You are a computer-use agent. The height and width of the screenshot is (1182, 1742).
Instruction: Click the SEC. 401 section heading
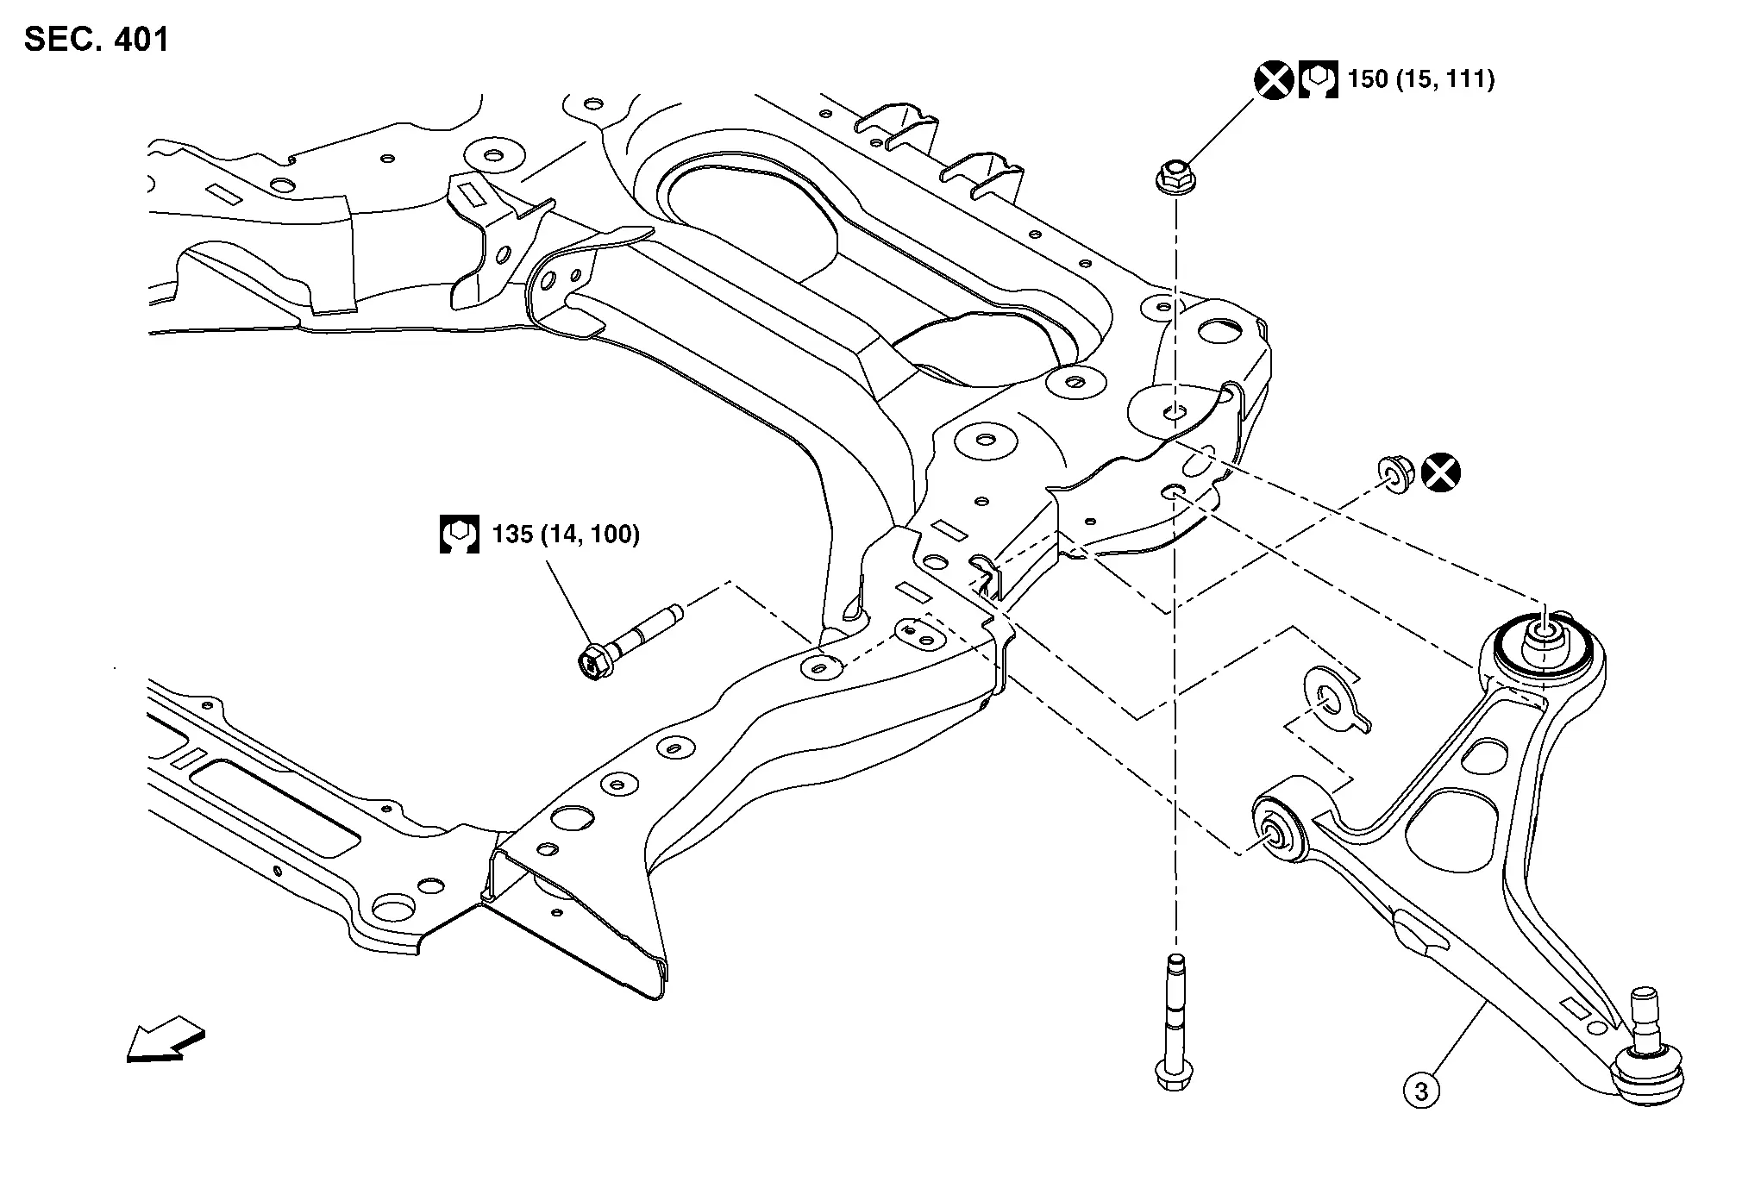pos(97,40)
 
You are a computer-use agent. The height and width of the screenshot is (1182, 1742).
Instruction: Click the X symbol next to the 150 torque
pos(1273,80)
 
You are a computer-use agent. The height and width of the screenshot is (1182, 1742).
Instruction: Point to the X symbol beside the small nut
pos(1440,472)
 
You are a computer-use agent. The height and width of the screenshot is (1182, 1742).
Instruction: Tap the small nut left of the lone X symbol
pos(1394,473)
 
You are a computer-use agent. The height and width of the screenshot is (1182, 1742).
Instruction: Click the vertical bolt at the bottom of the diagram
pos(1173,1026)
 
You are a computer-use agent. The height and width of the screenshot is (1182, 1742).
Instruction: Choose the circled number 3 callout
pos(1421,1091)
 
